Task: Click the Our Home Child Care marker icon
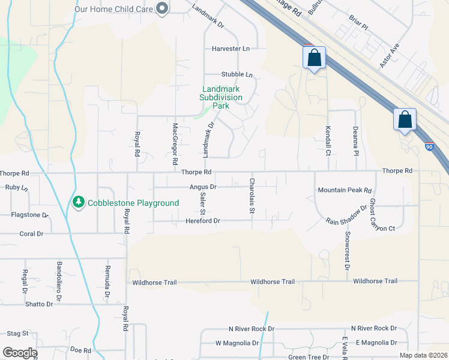161,8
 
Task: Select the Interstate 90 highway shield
429,146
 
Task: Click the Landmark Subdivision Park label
221,97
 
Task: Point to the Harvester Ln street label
231,48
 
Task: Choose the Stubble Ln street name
237,74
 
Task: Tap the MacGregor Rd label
175,144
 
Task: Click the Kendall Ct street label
328,140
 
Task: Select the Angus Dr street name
203,187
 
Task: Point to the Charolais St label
252,196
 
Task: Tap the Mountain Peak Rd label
345,190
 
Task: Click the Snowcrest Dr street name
347,248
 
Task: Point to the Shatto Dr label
39,304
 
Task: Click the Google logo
20,353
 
